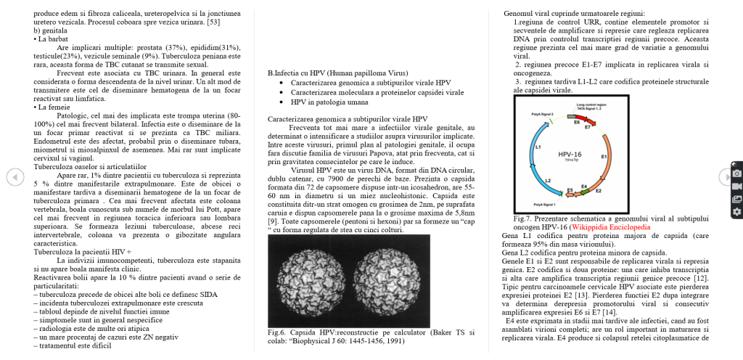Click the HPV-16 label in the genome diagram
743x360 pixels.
coord(570,155)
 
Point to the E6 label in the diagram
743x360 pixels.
coord(577,123)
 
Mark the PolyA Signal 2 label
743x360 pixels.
coord(541,114)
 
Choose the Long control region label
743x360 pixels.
coord(591,105)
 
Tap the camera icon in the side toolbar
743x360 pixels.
coord(736,174)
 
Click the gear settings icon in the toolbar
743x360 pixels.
coord(736,211)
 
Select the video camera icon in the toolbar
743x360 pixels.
coord(736,187)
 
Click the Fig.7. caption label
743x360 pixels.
coord(522,218)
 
